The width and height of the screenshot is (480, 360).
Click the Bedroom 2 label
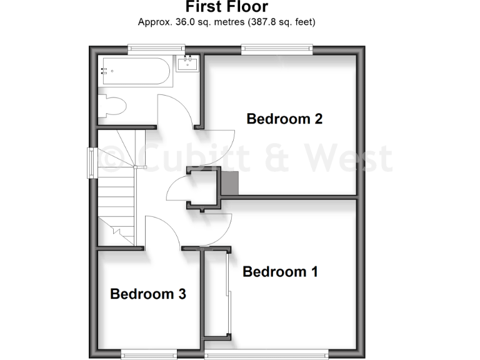coord(284,119)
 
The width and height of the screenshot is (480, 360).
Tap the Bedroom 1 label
coord(280,272)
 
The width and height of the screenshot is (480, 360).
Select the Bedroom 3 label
coord(148,294)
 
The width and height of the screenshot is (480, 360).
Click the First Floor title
coord(227,7)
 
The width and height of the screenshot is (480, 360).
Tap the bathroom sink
coord(187,63)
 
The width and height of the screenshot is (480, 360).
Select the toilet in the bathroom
coord(112,106)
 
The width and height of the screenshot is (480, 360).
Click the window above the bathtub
coord(156,46)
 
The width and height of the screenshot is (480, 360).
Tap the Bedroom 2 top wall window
coord(277,46)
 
